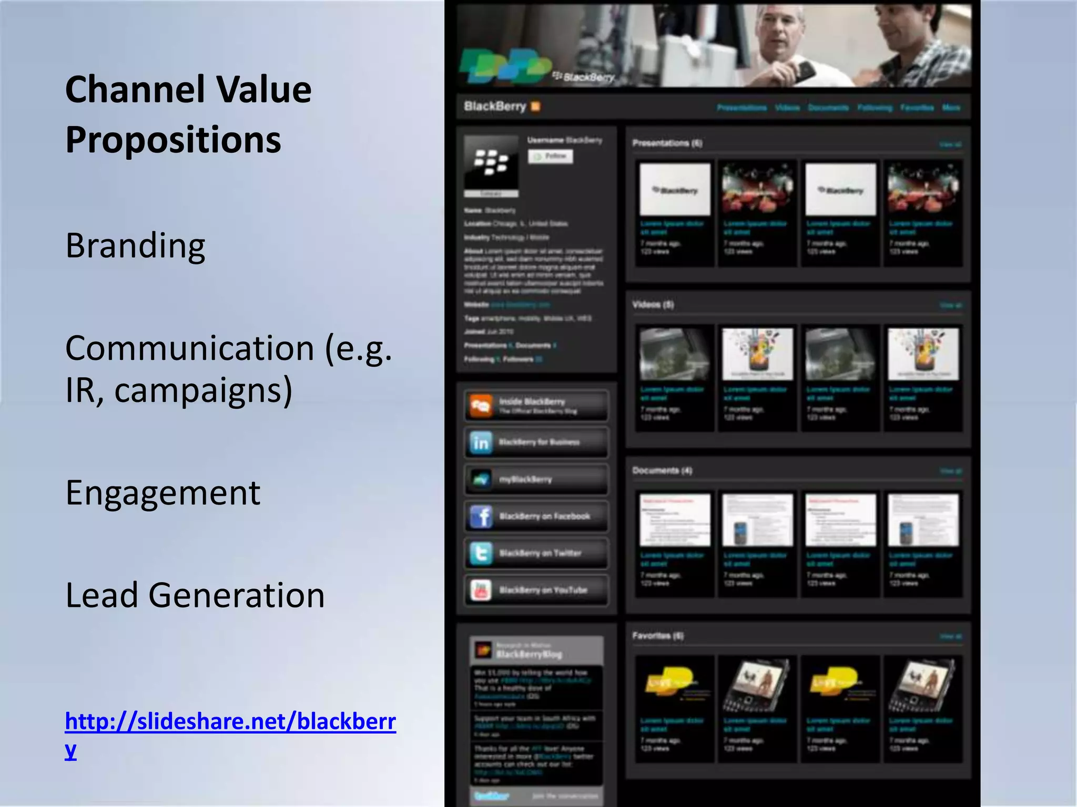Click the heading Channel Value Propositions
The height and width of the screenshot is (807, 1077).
point(188,114)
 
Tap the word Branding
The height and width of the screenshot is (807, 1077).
point(135,245)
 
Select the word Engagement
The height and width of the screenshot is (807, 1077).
point(162,493)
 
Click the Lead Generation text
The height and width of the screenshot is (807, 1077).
point(195,595)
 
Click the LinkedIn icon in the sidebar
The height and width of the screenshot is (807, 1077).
point(481,443)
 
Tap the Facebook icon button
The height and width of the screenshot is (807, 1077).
point(481,516)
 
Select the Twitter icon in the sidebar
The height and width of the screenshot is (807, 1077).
point(481,553)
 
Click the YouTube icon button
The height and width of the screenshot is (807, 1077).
point(481,590)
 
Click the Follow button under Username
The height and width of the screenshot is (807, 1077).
point(550,156)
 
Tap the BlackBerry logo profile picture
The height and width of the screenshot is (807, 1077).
point(491,163)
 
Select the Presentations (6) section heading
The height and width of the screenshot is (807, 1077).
point(667,143)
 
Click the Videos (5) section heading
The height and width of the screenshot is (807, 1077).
point(653,304)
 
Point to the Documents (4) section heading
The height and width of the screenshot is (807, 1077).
point(662,470)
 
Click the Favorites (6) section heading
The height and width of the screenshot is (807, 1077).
point(658,636)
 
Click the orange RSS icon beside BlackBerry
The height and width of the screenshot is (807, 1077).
point(535,107)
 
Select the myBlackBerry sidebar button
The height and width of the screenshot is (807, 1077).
point(535,479)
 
